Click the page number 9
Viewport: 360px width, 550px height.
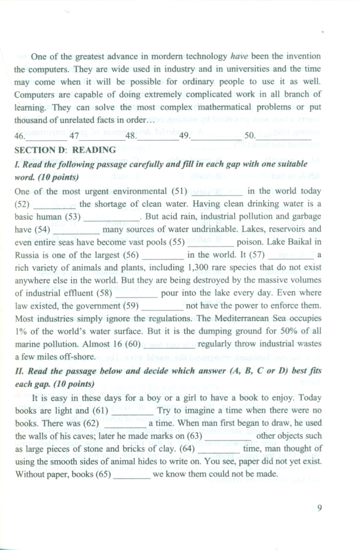click(319, 509)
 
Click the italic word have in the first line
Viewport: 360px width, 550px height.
click(239, 56)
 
